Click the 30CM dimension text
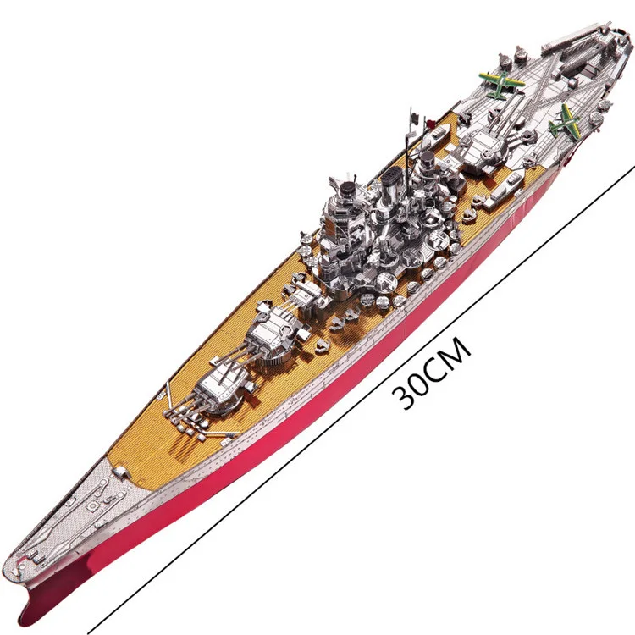tap(432, 373)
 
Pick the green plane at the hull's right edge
tap(564, 120)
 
